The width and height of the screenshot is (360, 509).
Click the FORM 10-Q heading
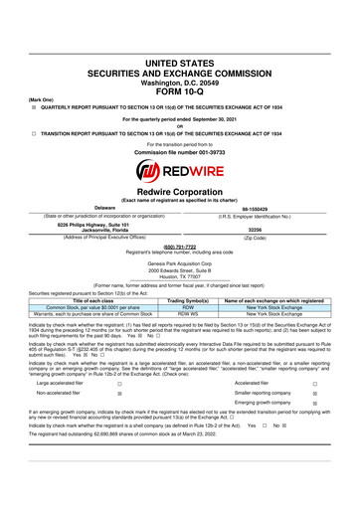click(179, 53)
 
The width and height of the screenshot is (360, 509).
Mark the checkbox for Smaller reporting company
click(341, 421)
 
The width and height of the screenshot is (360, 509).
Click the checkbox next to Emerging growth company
click(341, 432)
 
